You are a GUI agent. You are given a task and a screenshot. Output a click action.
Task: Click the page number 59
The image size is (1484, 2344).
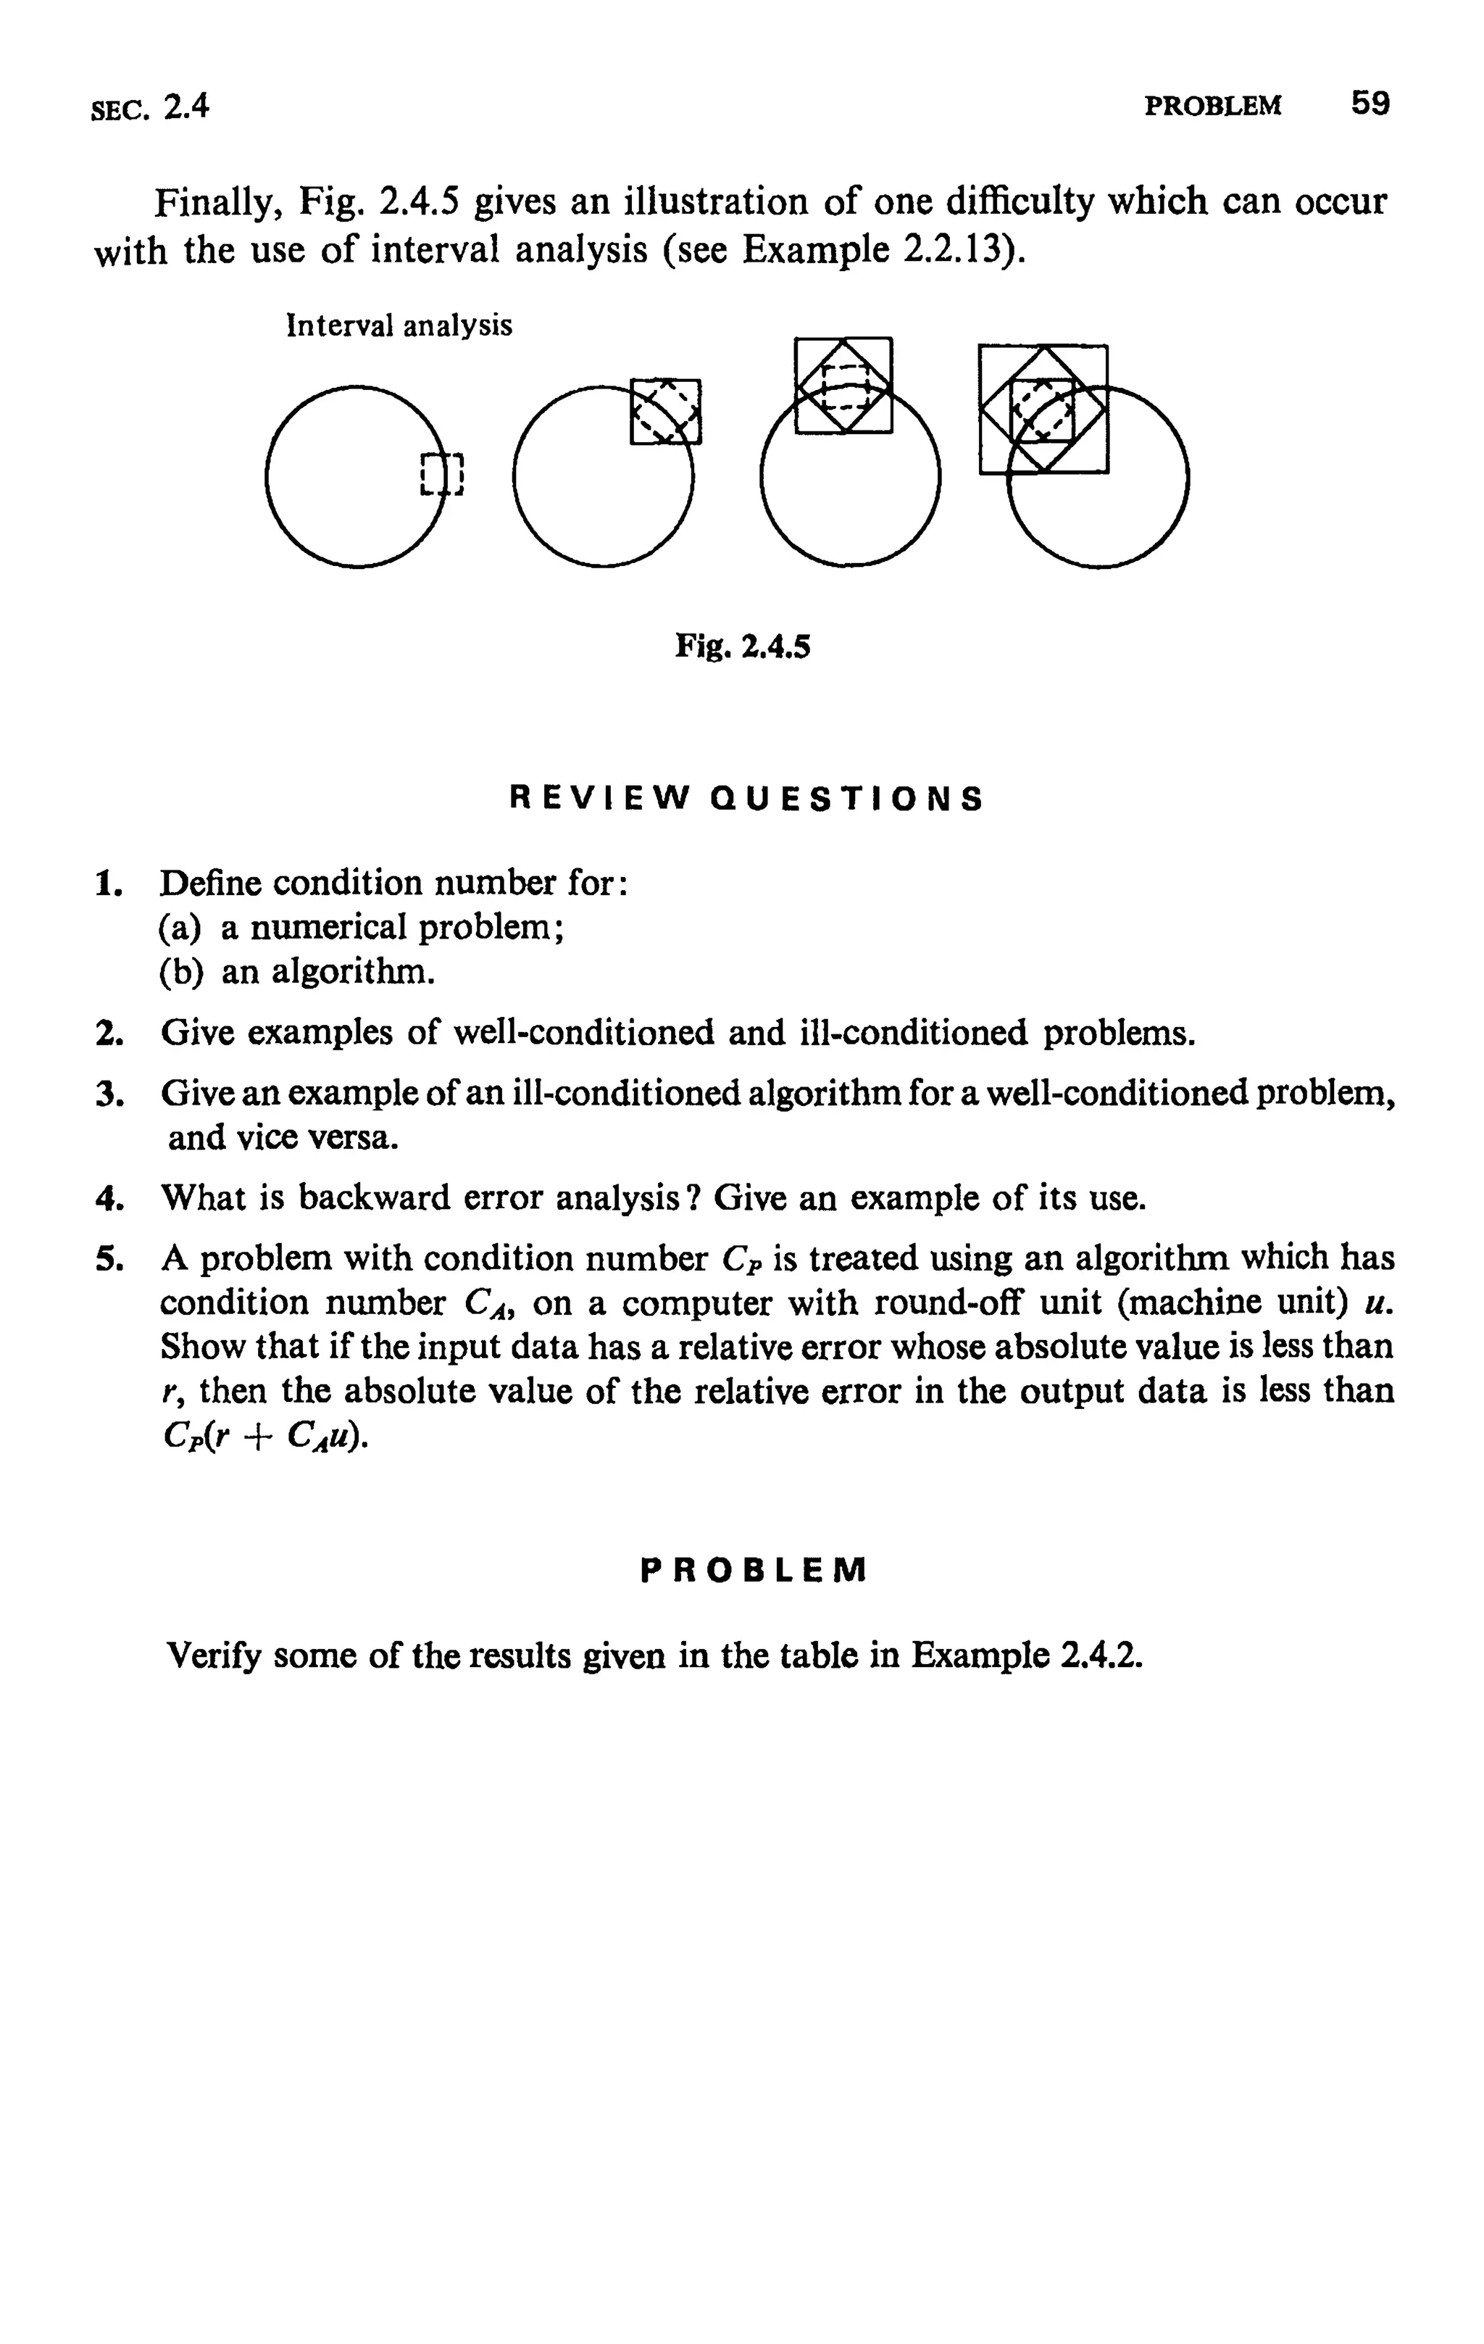coord(1370,102)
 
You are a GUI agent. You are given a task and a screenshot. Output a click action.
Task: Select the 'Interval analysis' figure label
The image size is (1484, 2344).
coord(399,325)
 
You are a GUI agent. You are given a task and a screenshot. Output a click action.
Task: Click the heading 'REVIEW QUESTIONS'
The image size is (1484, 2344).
coord(746,799)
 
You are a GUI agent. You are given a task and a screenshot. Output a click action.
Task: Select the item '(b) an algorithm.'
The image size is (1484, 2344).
coord(296,971)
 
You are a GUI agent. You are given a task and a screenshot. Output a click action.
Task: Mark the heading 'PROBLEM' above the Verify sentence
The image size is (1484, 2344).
coord(753,1570)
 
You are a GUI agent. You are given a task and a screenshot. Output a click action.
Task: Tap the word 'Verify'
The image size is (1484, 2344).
coord(215,1655)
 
